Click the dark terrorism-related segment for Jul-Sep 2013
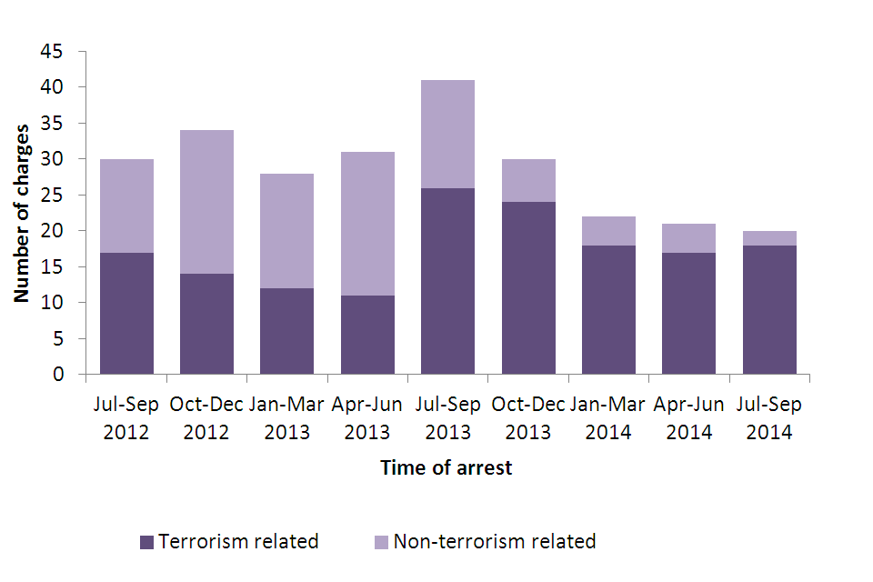pyautogui.click(x=447, y=281)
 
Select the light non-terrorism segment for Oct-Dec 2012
pyautogui.click(x=206, y=202)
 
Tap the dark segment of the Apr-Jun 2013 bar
pyautogui.click(x=367, y=335)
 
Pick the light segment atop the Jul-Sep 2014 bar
pyautogui.click(x=769, y=238)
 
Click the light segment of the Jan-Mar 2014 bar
pyautogui.click(x=608, y=231)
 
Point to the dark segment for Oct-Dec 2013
pyautogui.click(x=528, y=288)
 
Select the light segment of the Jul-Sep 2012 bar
pyautogui.click(x=126, y=206)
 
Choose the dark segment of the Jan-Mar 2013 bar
pyautogui.click(x=287, y=331)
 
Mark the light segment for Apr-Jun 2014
pyautogui.click(x=688, y=238)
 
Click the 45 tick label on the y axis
pyautogui.click(x=52, y=52)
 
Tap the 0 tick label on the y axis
pyautogui.click(x=57, y=375)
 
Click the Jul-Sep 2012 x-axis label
pyautogui.click(x=126, y=418)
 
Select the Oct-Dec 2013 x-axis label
pyautogui.click(x=528, y=418)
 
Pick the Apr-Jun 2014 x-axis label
pyautogui.click(x=688, y=418)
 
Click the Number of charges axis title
pyautogui.click(x=23, y=214)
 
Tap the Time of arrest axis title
pyautogui.click(x=447, y=468)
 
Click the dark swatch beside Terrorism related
pyautogui.click(x=146, y=542)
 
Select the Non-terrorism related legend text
pyautogui.click(x=495, y=542)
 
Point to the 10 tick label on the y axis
pyautogui.click(x=52, y=303)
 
